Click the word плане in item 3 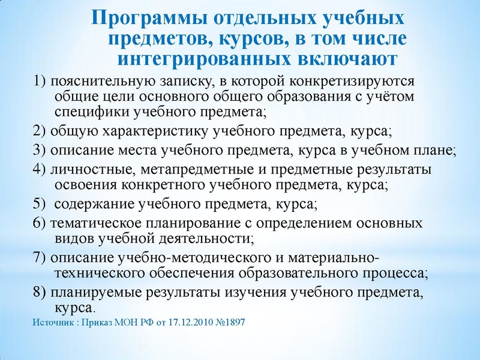[x=436, y=151]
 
